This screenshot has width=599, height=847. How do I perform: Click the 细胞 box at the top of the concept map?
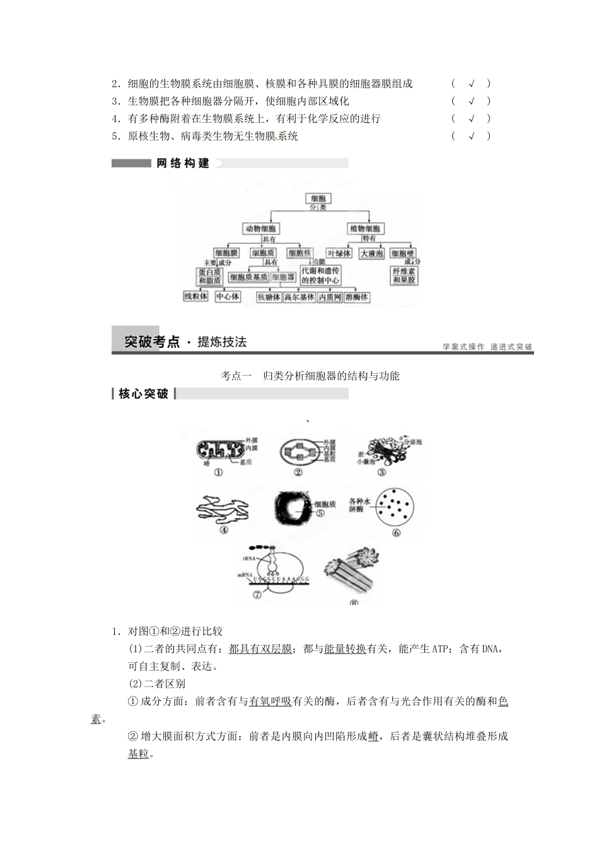pyautogui.click(x=317, y=199)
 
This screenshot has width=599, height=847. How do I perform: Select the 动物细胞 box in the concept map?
pyautogui.click(x=261, y=229)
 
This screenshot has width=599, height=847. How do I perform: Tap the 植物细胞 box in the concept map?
pyautogui.click(x=365, y=229)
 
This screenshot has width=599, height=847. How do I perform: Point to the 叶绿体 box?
pyautogui.click(x=339, y=253)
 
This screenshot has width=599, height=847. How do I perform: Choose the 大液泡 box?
pyautogui.click(x=371, y=253)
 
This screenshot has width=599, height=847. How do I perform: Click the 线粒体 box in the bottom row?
pyautogui.click(x=195, y=296)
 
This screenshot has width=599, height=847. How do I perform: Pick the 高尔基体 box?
pyautogui.click(x=299, y=297)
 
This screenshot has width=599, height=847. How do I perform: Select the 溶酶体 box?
pyautogui.click(x=357, y=297)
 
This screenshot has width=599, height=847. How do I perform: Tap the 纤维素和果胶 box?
pyautogui.click(x=404, y=276)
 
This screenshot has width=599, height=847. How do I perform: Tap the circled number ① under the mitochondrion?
pyautogui.click(x=218, y=473)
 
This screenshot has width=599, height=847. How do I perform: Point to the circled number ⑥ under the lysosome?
pyautogui.click(x=396, y=533)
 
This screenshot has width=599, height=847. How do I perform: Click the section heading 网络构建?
pyautogui.click(x=183, y=163)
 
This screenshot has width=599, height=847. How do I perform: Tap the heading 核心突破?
pyautogui.click(x=144, y=394)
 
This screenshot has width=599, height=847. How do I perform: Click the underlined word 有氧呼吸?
pyautogui.click(x=270, y=701)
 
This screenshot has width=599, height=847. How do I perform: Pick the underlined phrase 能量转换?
pyautogui.click(x=345, y=648)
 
